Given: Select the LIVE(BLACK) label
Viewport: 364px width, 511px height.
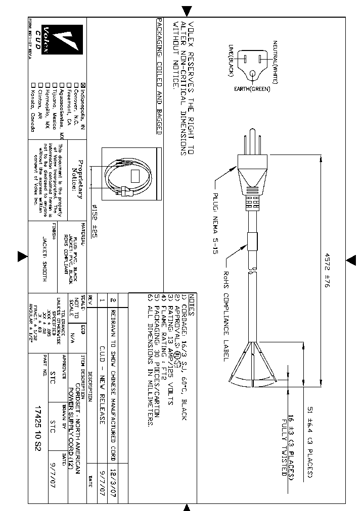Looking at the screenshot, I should (230, 61).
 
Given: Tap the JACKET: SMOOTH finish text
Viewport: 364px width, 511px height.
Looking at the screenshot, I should (44, 258).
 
